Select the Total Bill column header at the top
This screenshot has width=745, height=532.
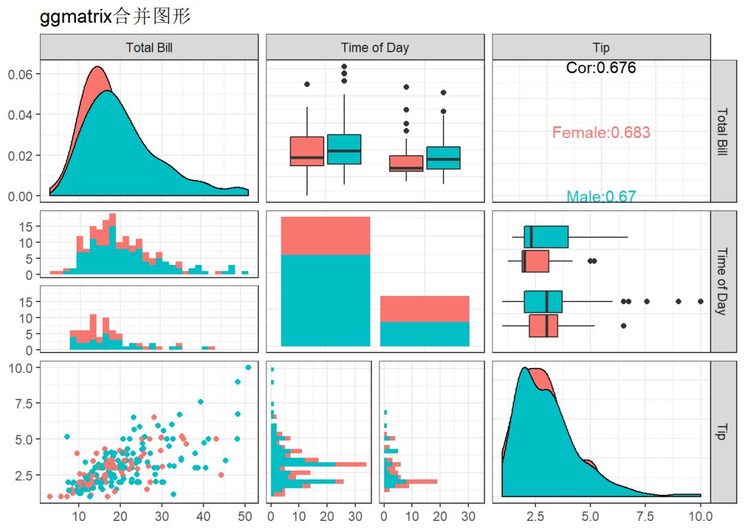(x=148, y=48)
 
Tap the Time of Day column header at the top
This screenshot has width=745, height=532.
(x=375, y=48)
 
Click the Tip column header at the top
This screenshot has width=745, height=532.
(x=601, y=48)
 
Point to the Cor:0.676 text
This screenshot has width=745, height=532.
(x=601, y=68)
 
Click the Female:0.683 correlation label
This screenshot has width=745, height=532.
(x=601, y=132)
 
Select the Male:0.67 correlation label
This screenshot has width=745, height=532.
(x=601, y=197)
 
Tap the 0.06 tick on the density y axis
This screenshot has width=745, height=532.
(x=21, y=74)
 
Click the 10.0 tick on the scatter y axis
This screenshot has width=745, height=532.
(x=21, y=368)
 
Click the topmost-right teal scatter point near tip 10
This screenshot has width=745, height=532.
(x=248, y=368)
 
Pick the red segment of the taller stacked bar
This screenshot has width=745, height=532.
(x=326, y=235)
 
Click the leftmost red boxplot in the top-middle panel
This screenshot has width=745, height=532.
(x=307, y=152)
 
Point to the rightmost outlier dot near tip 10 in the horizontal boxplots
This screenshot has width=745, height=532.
(x=701, y=302)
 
